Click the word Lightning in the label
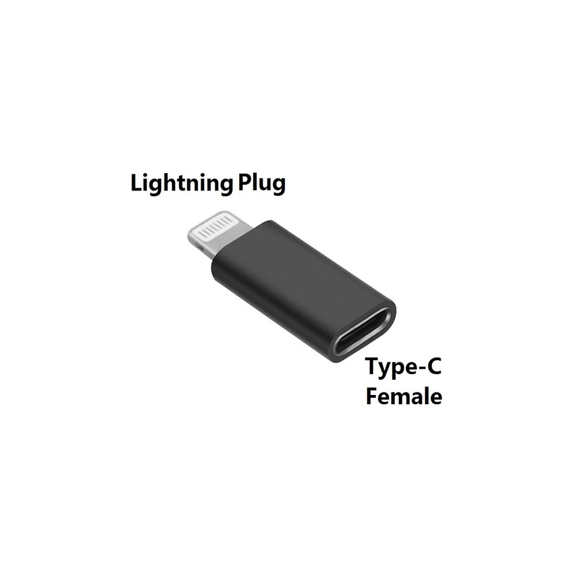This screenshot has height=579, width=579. (x=182, y=183)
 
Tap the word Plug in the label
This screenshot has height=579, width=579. (x=262, y=184)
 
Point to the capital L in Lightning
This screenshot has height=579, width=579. (x=137, y=182)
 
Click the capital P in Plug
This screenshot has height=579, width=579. (x=245, y=182)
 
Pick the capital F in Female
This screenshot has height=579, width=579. (x=372, y=396)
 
